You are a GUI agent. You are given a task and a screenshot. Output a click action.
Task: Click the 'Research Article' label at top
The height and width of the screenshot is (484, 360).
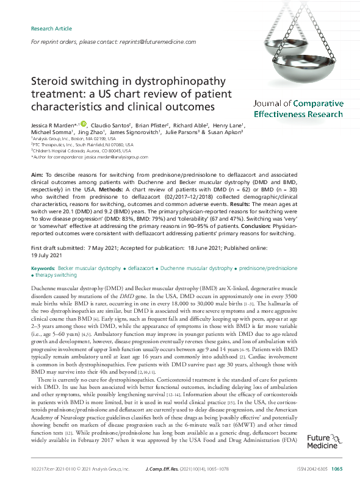51,29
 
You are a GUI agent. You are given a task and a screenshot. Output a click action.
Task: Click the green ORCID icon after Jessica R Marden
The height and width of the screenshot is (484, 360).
84,124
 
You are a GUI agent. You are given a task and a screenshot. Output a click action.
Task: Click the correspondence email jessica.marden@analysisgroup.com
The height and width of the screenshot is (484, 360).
113,157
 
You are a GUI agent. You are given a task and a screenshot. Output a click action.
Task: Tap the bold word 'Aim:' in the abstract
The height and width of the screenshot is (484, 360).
37,174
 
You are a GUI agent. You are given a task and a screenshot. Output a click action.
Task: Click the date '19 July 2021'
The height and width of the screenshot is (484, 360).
47,256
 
